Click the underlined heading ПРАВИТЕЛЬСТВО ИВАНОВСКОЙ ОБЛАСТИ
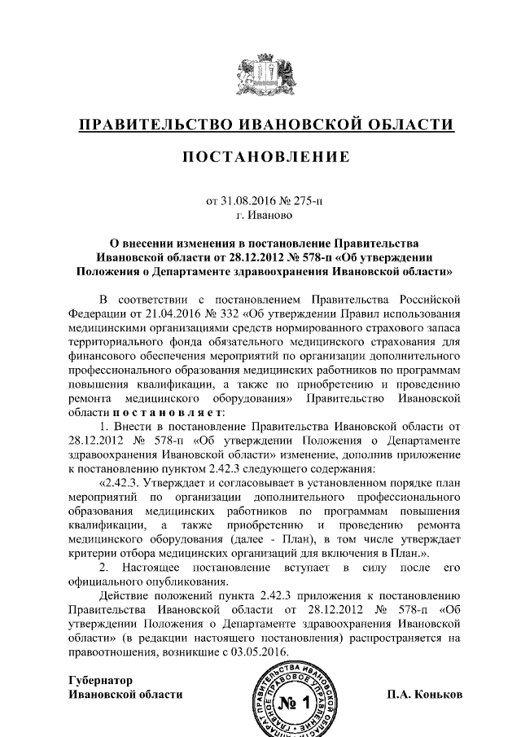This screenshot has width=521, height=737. pyautogui.click(x=260, y=125)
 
